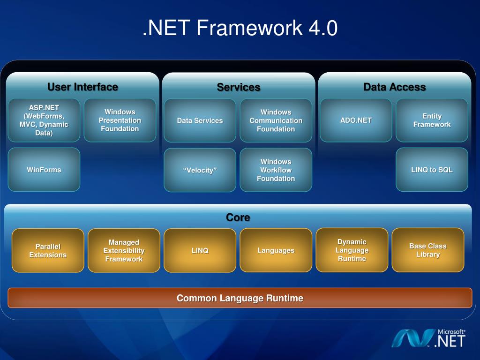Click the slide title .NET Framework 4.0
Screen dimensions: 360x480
click(x=240, y=29)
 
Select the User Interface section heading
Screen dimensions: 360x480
click(x=82, y=87)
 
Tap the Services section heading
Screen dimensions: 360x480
click(x=238, y=87)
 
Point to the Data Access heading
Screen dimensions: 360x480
click(x=394, y=87)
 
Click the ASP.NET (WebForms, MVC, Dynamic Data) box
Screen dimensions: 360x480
click(x=44, y=120)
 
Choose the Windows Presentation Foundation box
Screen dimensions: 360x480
click(x=120, y=120)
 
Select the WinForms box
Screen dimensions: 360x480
click(x=44, y=170)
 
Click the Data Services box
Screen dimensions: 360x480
click(x=200, y=120)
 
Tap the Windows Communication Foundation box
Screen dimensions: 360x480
click(x=276, y=120)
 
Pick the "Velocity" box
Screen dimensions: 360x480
click(x=200, y=170)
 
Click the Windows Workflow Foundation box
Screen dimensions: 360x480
click(x=276, y=170)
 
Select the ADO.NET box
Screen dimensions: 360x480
click(x=356, y=120)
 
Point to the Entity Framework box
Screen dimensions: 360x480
click(x=432, y=120)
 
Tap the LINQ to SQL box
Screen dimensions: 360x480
click(x=432, y=170)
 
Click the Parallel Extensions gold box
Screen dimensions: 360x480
click(x=48, y=250)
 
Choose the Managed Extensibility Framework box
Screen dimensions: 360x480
click(x=124, y=250)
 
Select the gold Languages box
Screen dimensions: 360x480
click(x=276, y=250)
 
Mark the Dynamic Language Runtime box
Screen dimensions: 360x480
click(x=352, y=250)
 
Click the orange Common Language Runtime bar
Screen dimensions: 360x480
click(x=240, y=298)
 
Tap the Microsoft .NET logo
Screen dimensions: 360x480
click(x=428, y=338)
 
